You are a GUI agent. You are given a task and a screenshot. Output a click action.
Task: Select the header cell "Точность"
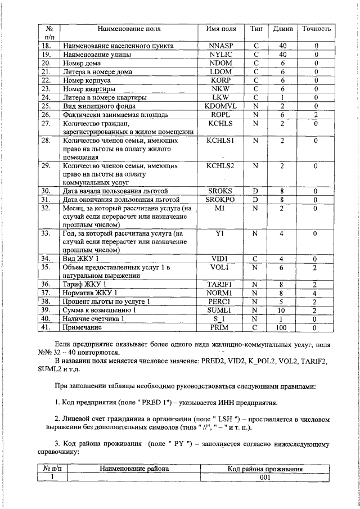point(316,29)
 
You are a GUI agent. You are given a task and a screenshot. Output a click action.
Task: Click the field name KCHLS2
point(221,166)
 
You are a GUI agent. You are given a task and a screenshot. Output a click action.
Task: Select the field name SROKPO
point(221,200)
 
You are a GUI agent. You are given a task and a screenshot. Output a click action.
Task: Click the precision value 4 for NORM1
point(316,293)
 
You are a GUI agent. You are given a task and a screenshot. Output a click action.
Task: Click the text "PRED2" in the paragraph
point(215,360)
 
